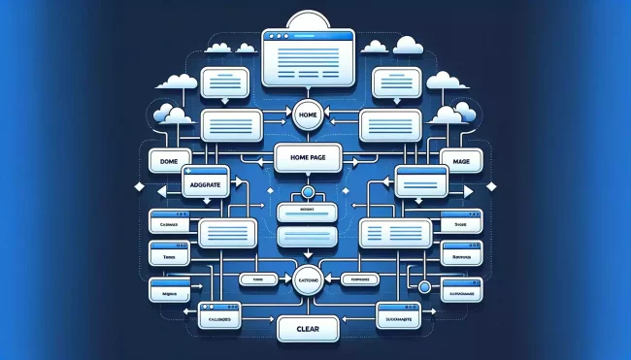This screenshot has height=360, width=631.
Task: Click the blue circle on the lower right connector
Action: click(424, 286)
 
